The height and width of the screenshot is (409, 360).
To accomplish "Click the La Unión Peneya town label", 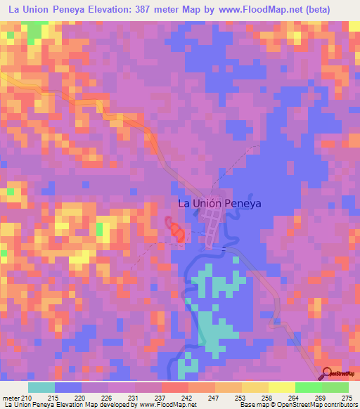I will [219, 204].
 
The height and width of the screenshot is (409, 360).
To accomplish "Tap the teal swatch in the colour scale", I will [41, 387].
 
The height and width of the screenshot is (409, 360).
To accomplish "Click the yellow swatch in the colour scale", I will [281, 387].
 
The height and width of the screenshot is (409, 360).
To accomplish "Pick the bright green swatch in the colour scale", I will [308, 387].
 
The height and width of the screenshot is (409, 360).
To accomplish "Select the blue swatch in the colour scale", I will [68, 387].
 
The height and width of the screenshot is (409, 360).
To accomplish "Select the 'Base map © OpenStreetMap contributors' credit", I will [297, 405].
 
